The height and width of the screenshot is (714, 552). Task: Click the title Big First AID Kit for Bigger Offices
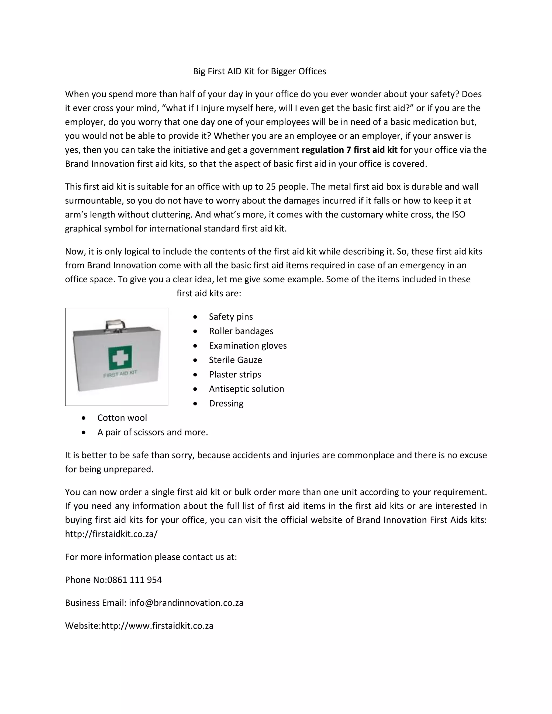[x=259, y=71]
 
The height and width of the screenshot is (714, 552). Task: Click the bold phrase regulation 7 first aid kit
[x=349, y=150]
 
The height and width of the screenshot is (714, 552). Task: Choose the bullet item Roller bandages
[x=241, y=331]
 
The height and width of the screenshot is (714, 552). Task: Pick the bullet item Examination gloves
[x=247, y=346]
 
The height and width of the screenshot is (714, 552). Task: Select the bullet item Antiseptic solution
[x=246, y=389]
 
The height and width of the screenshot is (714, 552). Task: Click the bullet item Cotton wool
[x=122, y=418]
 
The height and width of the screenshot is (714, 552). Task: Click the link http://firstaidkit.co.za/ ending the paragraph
[x=111, y=534]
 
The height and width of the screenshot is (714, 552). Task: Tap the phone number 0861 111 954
[x=134, y=580]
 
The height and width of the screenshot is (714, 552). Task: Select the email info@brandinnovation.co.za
[x=186, y=603]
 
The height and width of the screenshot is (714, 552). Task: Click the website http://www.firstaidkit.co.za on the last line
[x=157, y=626]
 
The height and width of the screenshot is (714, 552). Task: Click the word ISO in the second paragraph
[x=458, y=215]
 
